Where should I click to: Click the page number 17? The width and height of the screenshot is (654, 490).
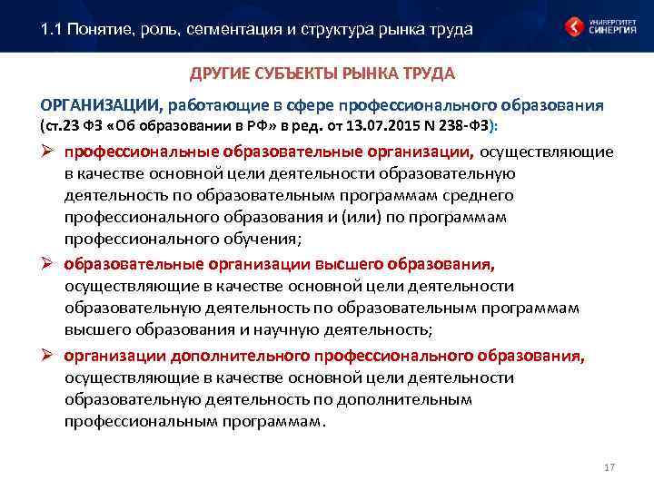tap(609, 467)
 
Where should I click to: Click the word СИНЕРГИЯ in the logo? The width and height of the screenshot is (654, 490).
tap(611, 31)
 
